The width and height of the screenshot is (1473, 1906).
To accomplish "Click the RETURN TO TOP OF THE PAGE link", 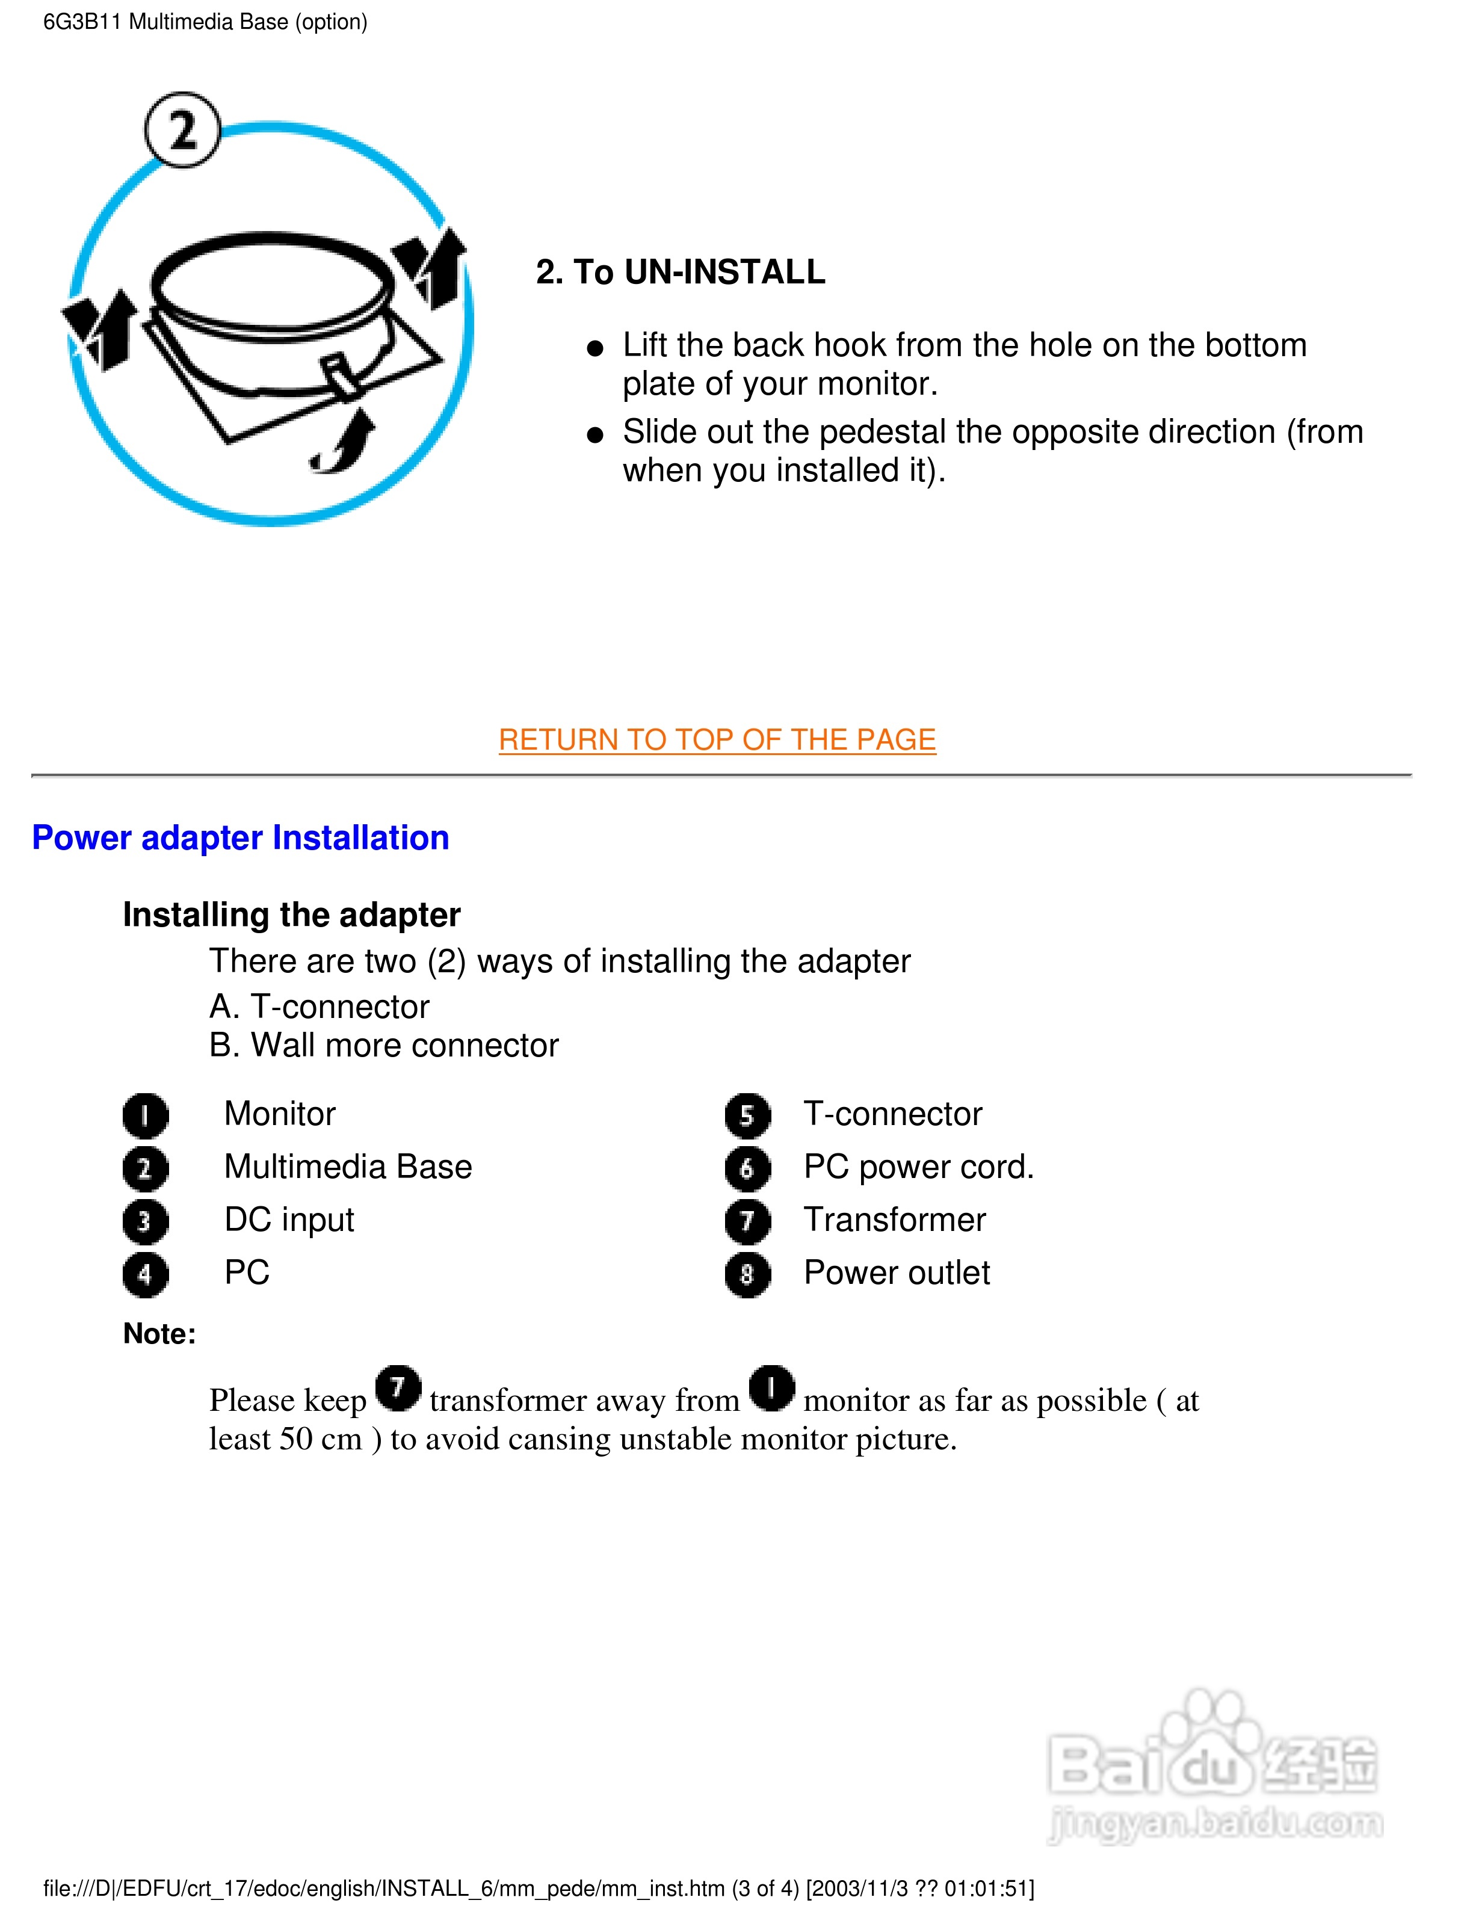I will pyautogui.click(x=717, y=740).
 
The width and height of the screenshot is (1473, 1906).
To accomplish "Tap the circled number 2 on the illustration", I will pyautogui.click(x=182, y=130).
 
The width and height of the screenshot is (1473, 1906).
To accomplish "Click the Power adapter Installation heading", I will pyautogui.click(x=241, y=838).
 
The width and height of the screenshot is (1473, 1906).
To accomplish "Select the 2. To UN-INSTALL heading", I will pyautogui.click(x=681, y=273).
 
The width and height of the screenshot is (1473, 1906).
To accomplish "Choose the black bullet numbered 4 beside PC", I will pyautogui.click(x=145, y=1274).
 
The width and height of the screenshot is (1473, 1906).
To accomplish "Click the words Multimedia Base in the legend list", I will pyautogui.click(x=347, y=1167).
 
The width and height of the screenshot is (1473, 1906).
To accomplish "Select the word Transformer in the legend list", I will pyautogui.click(x=894, y=1220).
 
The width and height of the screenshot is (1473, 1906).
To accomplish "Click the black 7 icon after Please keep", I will pyautogui.click(x=398, y=1387).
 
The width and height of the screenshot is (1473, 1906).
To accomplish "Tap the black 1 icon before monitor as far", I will pyautogui.click(x=772, y=1387).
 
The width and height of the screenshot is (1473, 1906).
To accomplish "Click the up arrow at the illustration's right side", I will pyautogui.click(x=434, y=266).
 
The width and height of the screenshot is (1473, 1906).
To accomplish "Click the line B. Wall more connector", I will pyautogui.click(x=384, y=1046).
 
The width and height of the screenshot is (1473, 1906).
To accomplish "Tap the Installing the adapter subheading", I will pyautogui.click(x=291, y=914).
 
